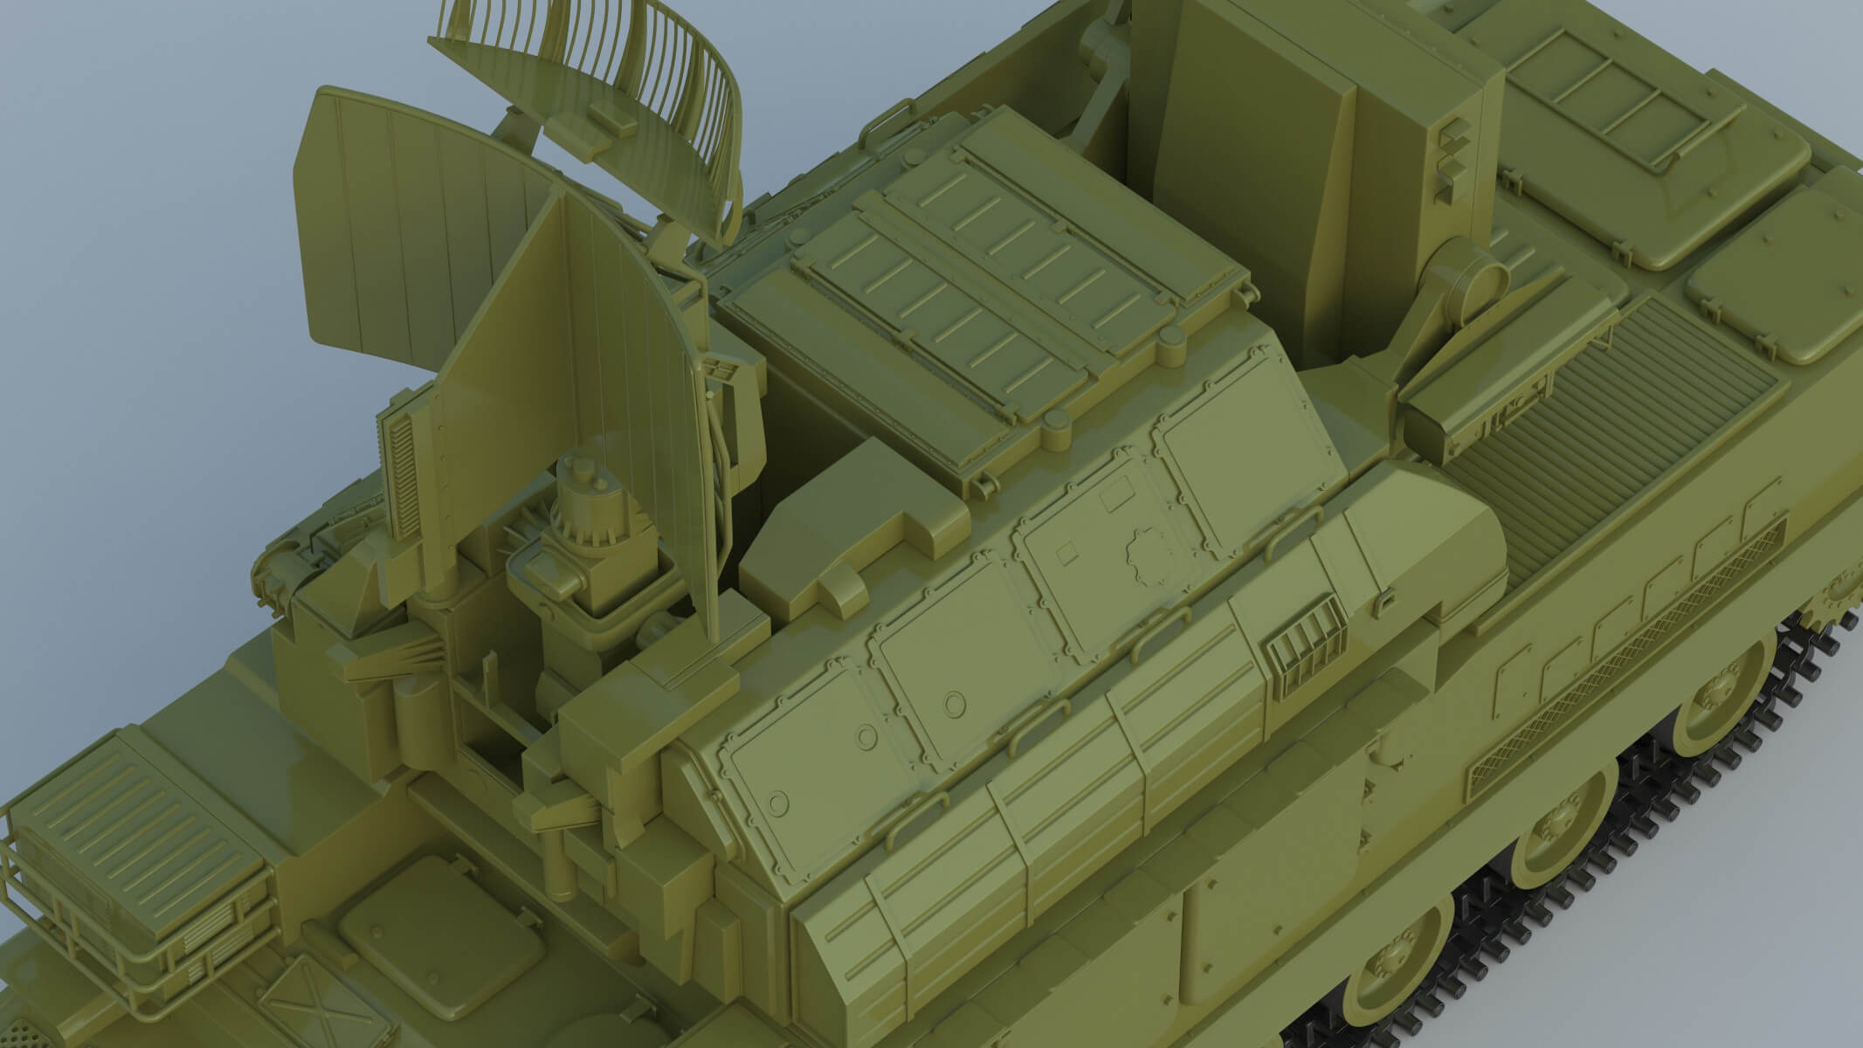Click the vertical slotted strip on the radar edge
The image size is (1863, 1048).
(397, 472)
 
